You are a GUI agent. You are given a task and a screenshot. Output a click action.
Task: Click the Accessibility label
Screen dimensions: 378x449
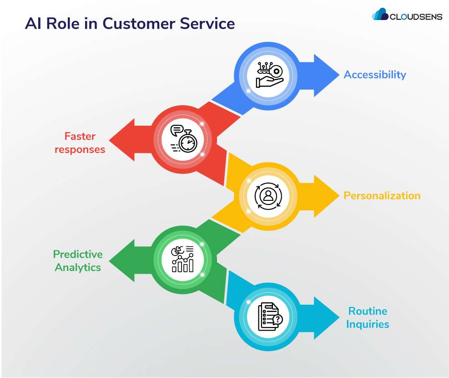pos(374,75)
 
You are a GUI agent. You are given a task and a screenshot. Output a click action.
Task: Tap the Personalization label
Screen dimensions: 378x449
pos(382,196)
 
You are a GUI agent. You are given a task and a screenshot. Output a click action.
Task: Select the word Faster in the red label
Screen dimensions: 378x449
pos(80,136)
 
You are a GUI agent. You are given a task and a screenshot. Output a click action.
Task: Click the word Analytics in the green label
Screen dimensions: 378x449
pos(78,267)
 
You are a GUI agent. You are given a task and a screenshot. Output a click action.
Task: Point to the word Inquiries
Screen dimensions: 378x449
pos(368,324)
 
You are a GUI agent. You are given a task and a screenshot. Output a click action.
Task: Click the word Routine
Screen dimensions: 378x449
pos(368,311)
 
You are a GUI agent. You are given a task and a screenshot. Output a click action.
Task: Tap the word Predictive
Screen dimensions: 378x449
pos(78,254)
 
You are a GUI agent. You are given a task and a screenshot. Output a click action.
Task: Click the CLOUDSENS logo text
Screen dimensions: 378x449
pos(415,17)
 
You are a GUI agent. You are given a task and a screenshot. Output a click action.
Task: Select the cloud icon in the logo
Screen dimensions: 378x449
pos(380,15)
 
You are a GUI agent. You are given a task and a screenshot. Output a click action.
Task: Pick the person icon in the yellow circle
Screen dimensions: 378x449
pos(269,196)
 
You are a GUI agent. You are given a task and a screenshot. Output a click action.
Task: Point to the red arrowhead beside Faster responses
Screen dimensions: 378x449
pos(124,139)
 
